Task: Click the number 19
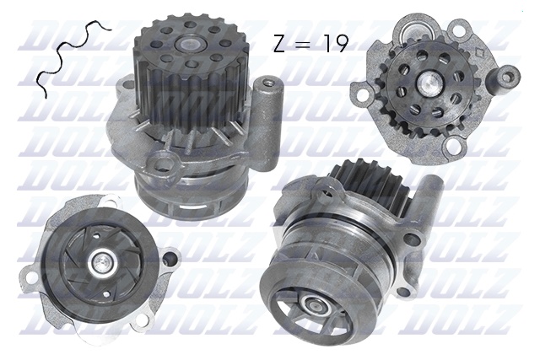click(x=332, y=44)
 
